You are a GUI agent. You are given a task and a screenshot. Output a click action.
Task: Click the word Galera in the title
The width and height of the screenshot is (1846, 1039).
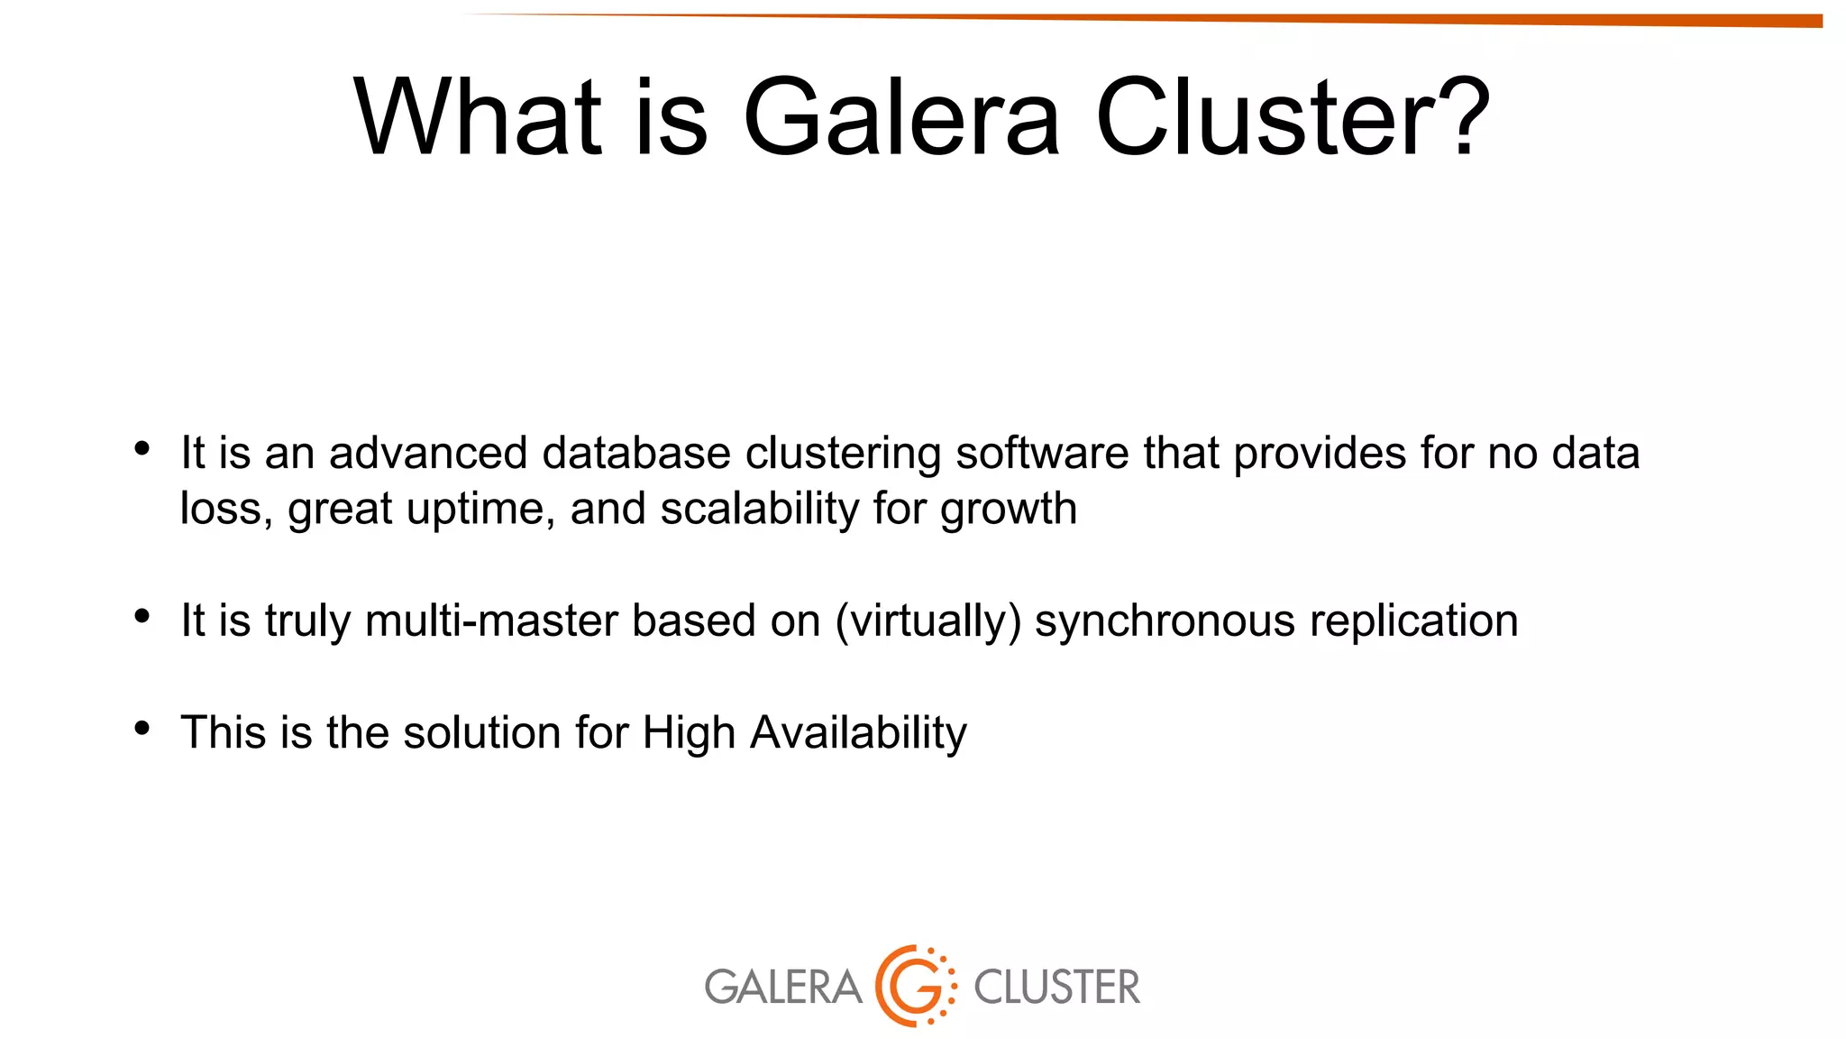(x=900, y=118)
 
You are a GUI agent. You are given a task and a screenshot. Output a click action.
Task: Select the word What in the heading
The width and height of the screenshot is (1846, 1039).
(x=477, y=118)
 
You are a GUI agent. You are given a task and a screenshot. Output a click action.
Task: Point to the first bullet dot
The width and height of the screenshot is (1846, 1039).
(x=142, y=448)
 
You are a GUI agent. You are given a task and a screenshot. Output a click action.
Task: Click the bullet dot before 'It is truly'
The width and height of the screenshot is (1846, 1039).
(x=142, y=616)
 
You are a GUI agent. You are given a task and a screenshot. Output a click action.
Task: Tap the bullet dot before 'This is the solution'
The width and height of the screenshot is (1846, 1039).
(x=142, y=728)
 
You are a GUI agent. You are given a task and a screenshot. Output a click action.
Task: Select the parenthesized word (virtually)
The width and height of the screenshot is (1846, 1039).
(x=928, y=621)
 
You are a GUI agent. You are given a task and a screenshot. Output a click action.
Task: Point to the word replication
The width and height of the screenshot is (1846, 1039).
(x=1413, y=621)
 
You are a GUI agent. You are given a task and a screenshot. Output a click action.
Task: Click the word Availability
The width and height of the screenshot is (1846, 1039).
(x=858, y=732)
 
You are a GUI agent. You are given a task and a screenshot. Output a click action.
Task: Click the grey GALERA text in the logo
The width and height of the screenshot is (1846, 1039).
(x=782, y=987)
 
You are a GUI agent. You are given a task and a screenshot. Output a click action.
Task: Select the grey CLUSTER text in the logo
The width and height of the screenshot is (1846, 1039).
(x=1056, y=987)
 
